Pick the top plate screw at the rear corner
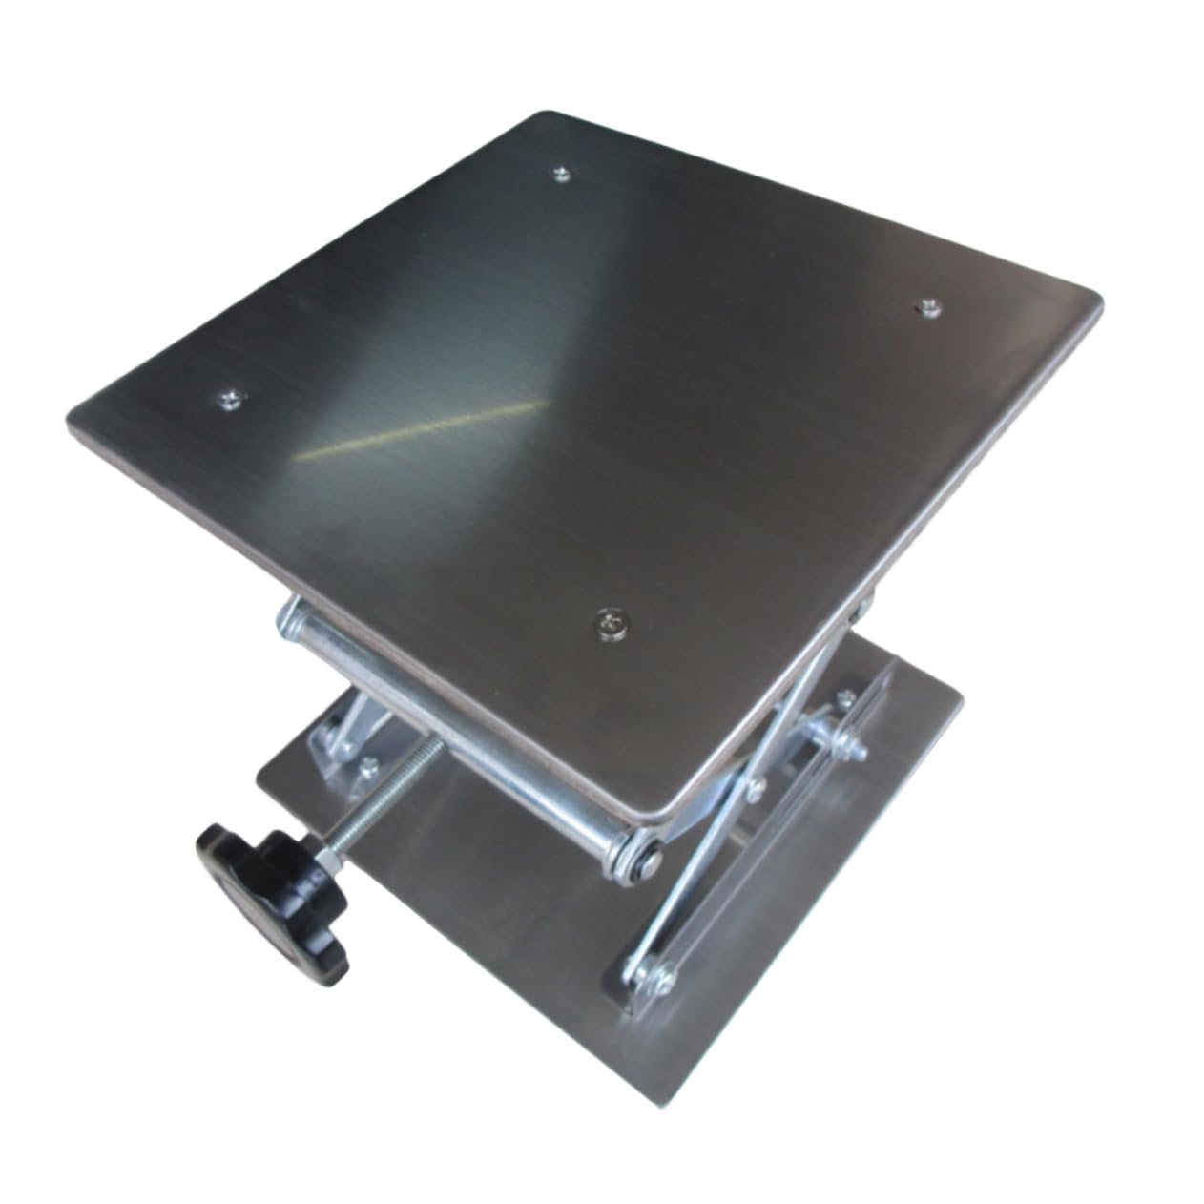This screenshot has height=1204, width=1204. [x=562, y=174]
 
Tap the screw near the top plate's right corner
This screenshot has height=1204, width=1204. [x=924, y=307]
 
